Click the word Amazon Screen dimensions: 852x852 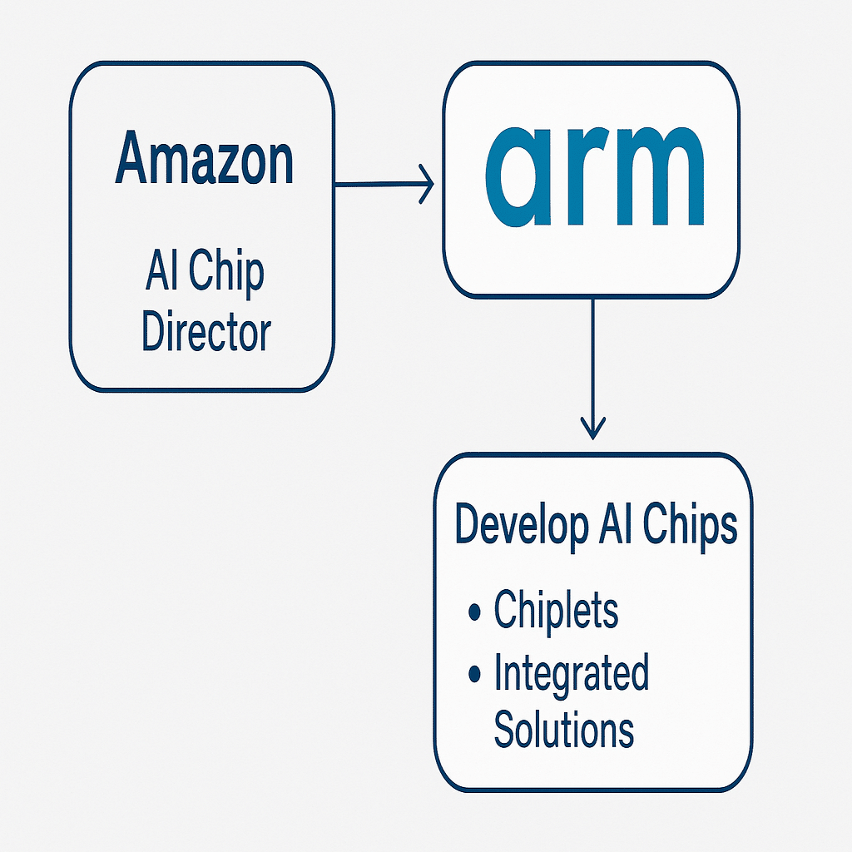click(x=204, y=160)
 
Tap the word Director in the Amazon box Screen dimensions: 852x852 click(x=206, y=332)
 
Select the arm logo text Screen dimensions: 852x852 click(x=594, y=178)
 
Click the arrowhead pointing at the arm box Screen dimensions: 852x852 click(x=427, y=184)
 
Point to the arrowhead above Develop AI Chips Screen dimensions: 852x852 click(x=592, y=428)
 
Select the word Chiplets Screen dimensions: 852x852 click(x=556, y=611)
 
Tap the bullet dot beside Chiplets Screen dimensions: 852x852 click(x=475, y=613)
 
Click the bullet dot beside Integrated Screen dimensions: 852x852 click(x=475, y=673)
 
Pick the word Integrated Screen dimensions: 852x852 click(x=571, y=673)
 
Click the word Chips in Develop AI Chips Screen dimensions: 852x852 click(x=691, y=526)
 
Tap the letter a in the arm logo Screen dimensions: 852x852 click(x=523, y=178)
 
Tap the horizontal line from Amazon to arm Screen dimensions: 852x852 click(x=379, y=184)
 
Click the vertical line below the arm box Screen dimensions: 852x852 click(x=592, y=358)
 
